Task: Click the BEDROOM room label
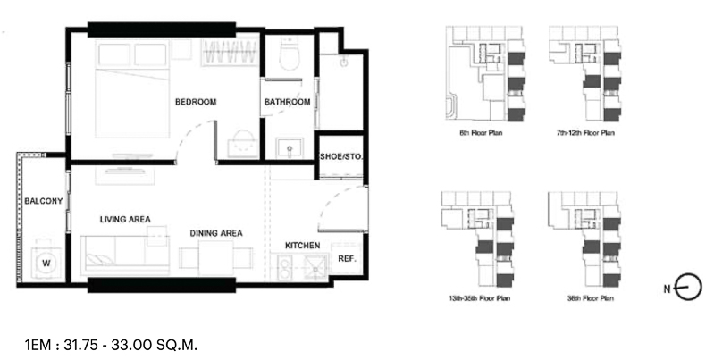(x=196, y=102)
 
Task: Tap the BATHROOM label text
(x=288, y=102)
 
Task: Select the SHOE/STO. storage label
(x=341, y=156)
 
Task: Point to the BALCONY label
(x=44, y=201)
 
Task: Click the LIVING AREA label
(x=125, y=220)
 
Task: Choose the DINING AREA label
(x=216, y=233)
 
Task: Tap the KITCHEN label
(x=302, y=246)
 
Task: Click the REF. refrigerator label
(x=347, y=258)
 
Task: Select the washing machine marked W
(x=46, y=263)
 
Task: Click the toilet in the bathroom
(x=290, y=54)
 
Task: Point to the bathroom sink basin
(x=290, y=148)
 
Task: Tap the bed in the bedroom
(x=132, y=88)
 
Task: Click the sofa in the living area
(x=125, y=255)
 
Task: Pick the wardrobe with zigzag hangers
(x=229, y=53)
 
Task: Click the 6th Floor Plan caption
(x=481, y=133)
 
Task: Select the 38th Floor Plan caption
(x=590, y=298)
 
